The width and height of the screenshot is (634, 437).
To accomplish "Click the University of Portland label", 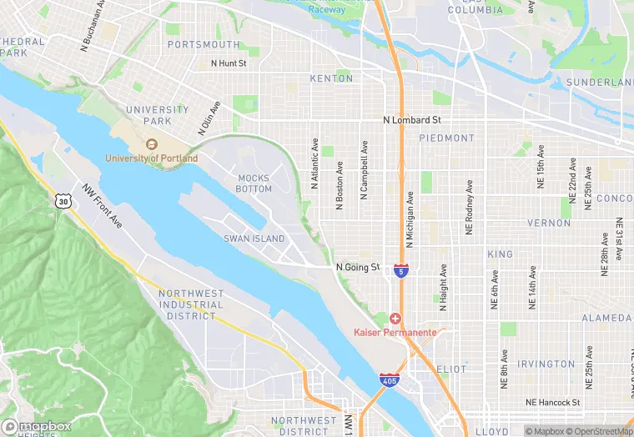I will pyautogui.click(x=152, y=158).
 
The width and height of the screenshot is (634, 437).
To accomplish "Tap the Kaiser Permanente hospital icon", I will pyautogui.click(x=395, y=319).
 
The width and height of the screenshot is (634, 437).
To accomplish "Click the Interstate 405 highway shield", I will pyautogui.click(x=388, y=379).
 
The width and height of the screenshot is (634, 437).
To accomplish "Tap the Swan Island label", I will pyautogui.click(x=254, y=239).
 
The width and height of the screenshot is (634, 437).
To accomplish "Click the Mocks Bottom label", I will pyautogui.click(x=254, y=183).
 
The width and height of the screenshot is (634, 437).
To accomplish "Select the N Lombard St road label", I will pyautogui.click(x=417, y=121).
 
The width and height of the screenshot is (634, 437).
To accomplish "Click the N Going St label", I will pyautogui.click(x=358, y=268).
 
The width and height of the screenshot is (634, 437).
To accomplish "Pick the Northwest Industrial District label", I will pyautogui.click(x=191, y=304).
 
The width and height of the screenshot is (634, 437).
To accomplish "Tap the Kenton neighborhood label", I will pyautogui.click(x=331, y=78).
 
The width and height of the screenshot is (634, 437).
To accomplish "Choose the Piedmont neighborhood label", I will pyautogui.click(x=446, y=138).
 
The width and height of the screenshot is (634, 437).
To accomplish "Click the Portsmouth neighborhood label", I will pyautogui.click(x=204, y=44).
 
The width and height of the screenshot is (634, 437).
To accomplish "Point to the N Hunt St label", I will pyautogui.click(x=229, y=63).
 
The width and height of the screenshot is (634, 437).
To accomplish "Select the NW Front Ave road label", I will pyautogui.click(x=102, y=206).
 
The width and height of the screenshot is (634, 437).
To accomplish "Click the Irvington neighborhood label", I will pyautogui.click(x=546, y=364).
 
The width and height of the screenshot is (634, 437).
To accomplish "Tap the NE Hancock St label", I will pyautogui.click(x=553, y=402).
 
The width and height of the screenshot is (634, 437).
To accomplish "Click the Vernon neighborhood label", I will pyautogui.click(x=549, y=224).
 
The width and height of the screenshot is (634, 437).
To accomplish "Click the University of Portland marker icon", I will pyautogui.click(x=152, y=144).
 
